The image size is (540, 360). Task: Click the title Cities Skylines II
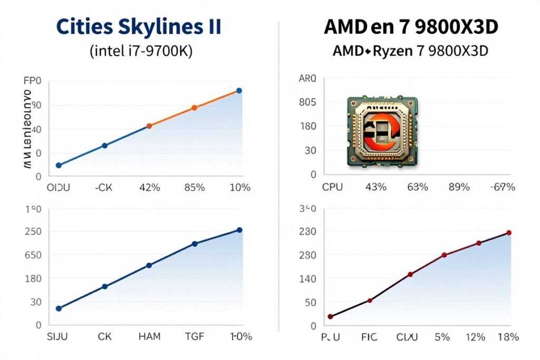139,27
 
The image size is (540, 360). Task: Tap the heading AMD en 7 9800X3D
410,27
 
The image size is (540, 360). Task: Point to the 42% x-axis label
149,187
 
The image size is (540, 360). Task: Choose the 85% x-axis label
194,187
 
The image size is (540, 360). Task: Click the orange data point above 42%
149,126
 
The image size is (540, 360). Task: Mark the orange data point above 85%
194,108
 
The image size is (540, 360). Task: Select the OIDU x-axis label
59,187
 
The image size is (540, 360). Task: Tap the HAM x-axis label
149,336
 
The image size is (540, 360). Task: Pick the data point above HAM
149,265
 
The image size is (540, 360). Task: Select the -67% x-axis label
502,187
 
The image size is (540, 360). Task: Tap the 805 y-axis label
307,102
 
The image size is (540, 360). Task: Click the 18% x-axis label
507,336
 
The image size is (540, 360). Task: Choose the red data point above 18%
509,232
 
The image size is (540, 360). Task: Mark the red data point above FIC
370,300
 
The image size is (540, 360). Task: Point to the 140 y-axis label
307,279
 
